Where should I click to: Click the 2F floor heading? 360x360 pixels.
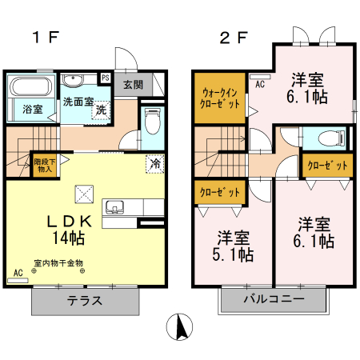coord(231,37)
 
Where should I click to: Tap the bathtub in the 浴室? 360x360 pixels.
coord(30,88)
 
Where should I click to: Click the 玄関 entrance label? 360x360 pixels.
coord(133,84)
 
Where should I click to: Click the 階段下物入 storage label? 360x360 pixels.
coord(44,164)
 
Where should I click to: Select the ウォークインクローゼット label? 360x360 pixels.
coord(218,98)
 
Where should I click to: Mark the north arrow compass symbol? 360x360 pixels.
coord(181,327)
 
